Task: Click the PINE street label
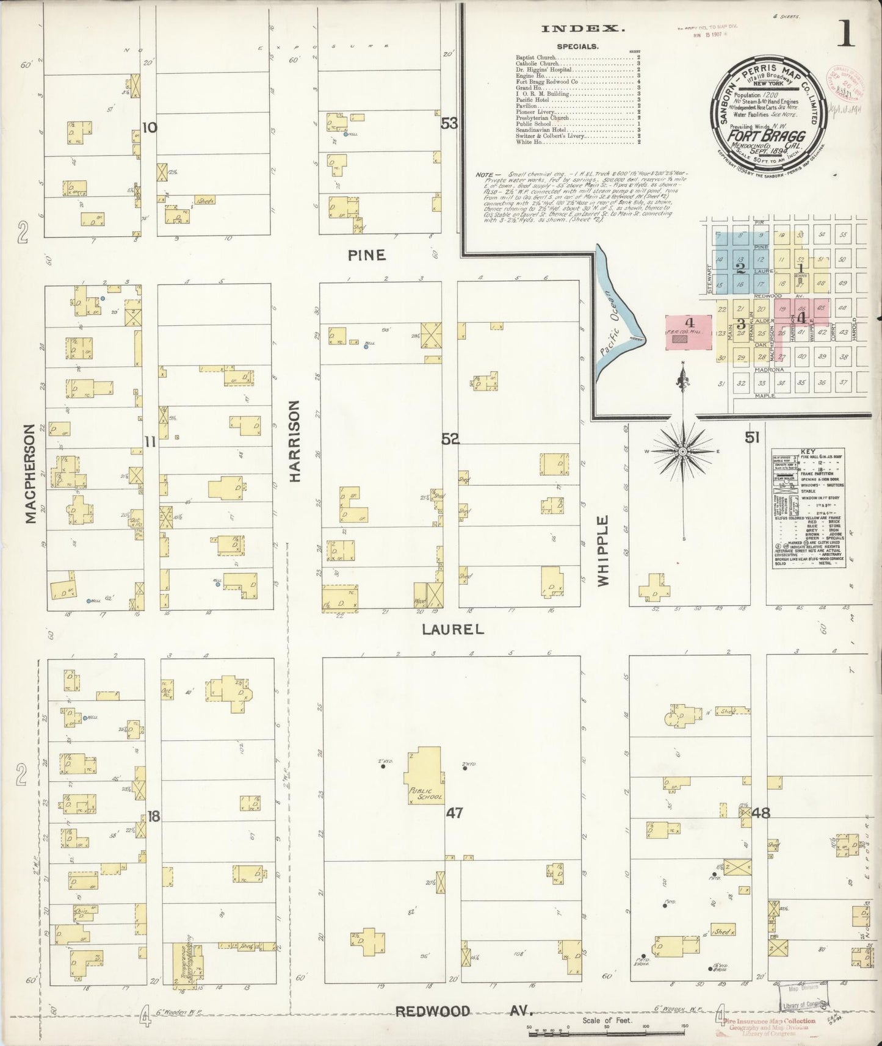click(367, 256)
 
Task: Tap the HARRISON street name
click(295, 441)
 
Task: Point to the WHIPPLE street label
click(604, 551)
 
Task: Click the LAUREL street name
click(452, 629)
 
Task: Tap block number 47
click(454, 812)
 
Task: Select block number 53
click(449, 124)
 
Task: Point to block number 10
click(150, 128)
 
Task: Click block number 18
click(153, 817)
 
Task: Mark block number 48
click(761, 812)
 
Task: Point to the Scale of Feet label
click(607, 1020)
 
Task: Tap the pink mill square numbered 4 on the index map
click(689, 333)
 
